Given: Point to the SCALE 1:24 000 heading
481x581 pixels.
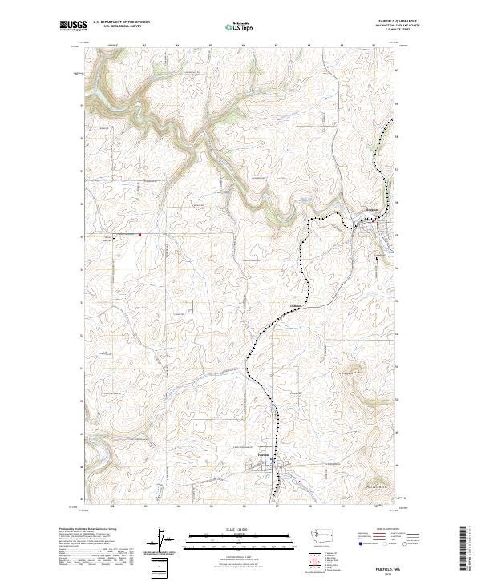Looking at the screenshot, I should point(240,529).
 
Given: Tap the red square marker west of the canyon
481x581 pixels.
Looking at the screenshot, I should point(139,234).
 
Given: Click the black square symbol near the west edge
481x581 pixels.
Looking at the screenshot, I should point(114,238).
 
